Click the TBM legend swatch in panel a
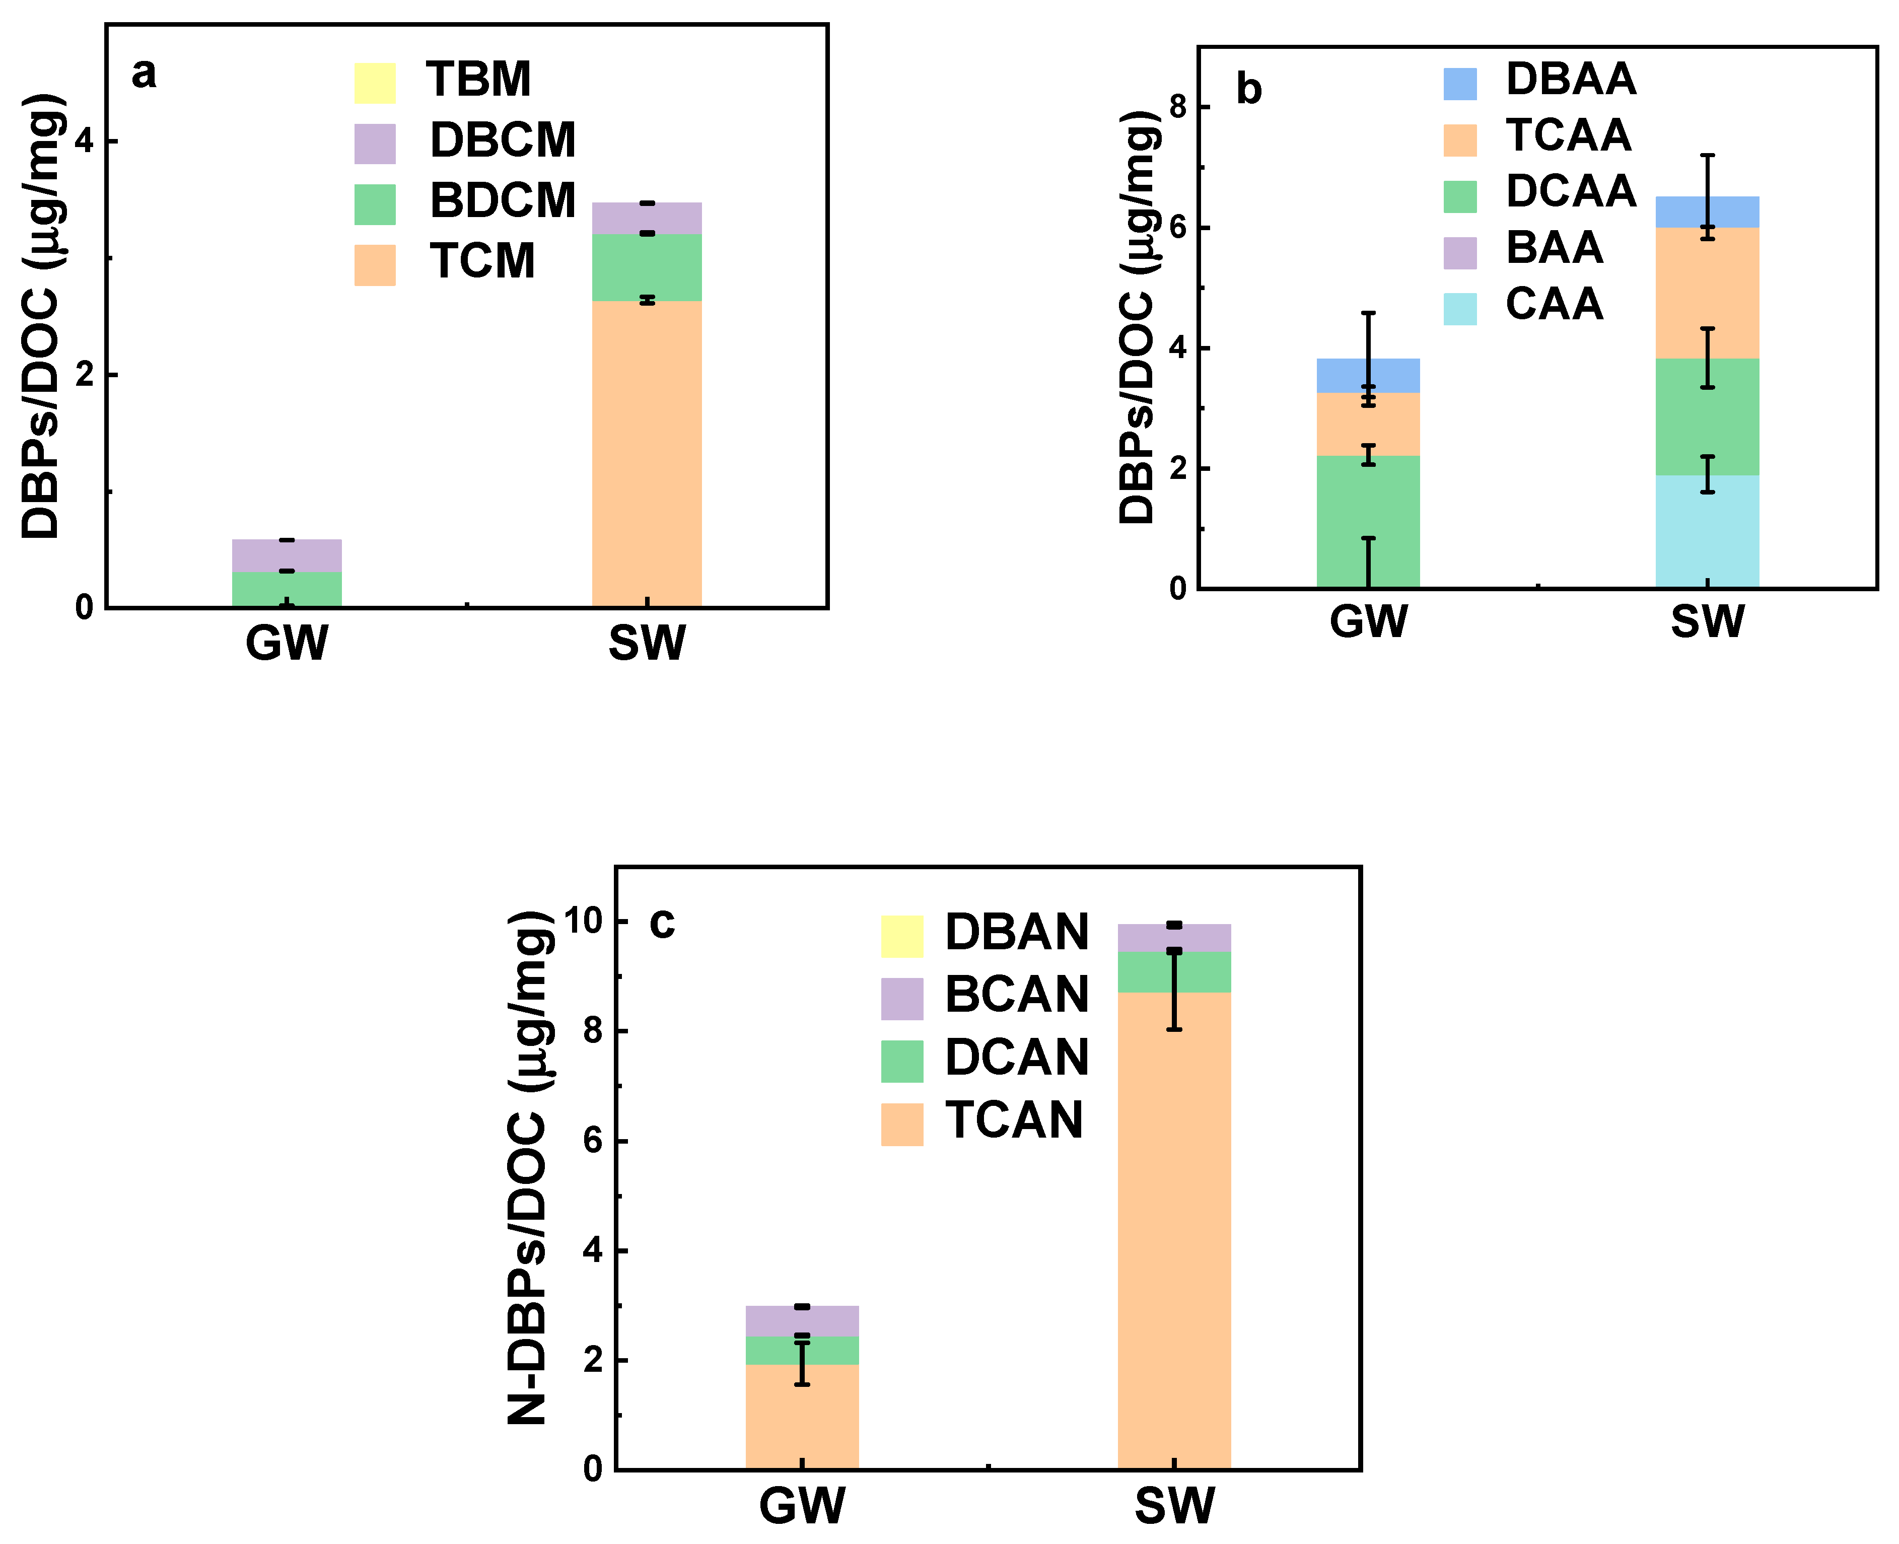coord(375,83)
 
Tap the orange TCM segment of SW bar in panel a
coord(647,454)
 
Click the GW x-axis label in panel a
coord(287,642)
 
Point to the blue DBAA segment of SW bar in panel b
coord(1706,212)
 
